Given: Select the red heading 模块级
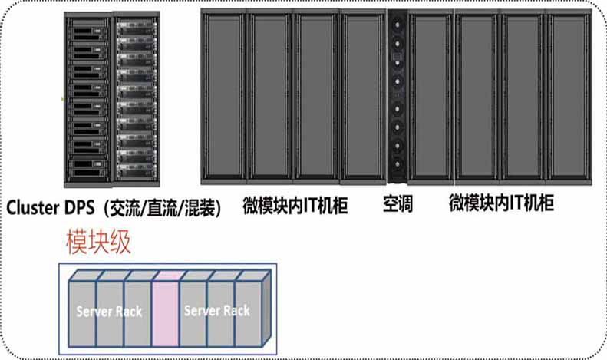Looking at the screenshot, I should click(98, 243).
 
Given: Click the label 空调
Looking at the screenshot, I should click(398, 205).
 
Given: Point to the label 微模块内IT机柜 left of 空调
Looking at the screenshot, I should click(295, 205).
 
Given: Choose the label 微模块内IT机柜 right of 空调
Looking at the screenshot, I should click(501, 205).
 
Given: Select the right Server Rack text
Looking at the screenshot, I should click(217, 311).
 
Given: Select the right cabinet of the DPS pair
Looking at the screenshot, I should click(137, 100).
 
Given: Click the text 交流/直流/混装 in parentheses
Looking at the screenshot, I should click(164, 207).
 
